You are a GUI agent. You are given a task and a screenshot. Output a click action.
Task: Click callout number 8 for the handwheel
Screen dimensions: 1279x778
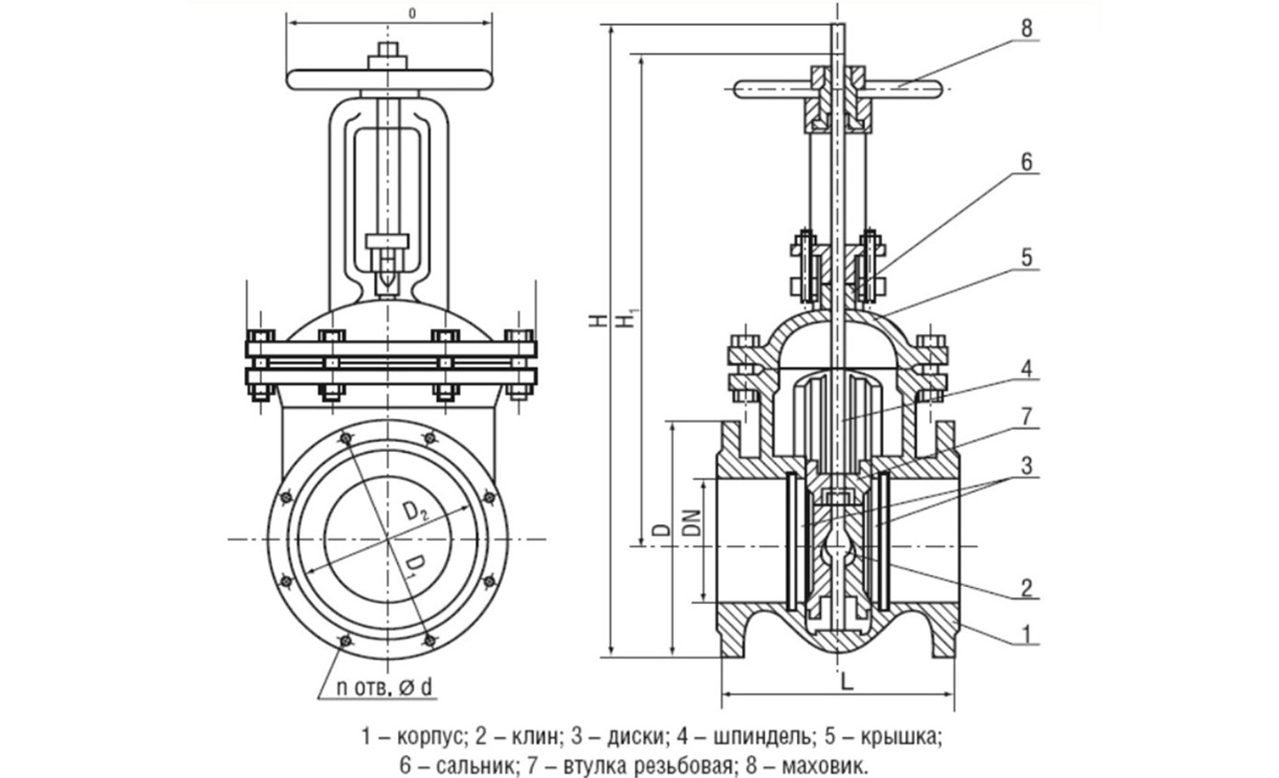[x=1027, y=28]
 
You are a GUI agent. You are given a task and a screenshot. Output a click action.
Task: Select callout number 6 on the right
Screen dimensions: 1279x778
[x=1027, y=163]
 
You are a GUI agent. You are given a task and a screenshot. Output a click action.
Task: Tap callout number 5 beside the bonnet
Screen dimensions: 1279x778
[x=1027, y=258]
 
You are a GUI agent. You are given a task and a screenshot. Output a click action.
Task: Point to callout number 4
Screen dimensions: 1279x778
[x=1027, y=369]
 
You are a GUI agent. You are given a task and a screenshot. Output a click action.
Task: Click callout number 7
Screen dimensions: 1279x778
[x=1027, y=417]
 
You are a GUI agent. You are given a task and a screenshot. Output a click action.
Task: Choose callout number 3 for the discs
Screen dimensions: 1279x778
[x=1027, y=465]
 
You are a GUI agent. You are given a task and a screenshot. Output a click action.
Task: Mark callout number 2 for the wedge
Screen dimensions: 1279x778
[x=1027, y=588]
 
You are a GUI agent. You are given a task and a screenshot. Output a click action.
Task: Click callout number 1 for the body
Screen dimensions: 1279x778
[x=1027, y=634]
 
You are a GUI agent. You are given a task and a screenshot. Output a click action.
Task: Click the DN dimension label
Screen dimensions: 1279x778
[x=691, y=521]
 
